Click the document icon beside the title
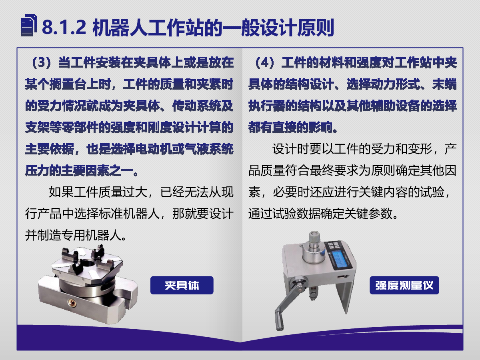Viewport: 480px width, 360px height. pos(29,25)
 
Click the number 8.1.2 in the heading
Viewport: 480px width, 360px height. pos(64,27)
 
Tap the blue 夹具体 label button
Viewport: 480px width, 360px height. pos(182,285)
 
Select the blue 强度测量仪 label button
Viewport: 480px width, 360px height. pos(404,285)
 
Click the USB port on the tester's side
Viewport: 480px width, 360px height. pos(341,277)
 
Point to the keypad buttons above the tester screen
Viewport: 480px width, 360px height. pos(334,245)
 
